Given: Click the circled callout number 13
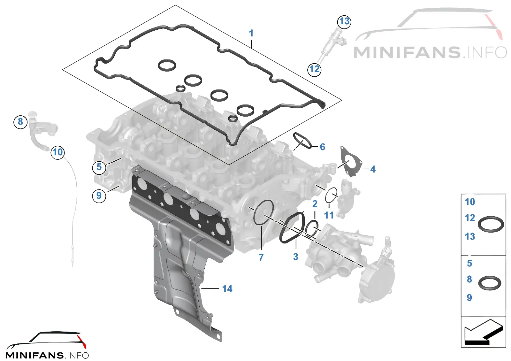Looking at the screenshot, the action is pyautogui.click(x=344, y=22).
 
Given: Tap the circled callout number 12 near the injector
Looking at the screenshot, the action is pyautogui.click(x=314, y=69).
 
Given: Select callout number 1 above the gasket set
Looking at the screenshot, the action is pyautogui.click(x=251, y=33).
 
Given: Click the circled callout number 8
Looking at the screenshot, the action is pyautogui.click(x=20, y=122).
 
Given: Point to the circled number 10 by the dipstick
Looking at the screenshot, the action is pyautogui.click(x=57, y=152).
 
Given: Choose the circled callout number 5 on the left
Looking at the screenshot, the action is pyautogui.click(x=99, y=167).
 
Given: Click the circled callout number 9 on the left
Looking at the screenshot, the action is pyautogui.click(x=99, y=196).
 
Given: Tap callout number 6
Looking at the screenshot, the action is pyautogui.click(x=322, y=147).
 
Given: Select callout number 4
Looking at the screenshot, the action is pyautogui.click(x=373, y=169).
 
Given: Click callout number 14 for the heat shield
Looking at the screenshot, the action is pyautogui.click(x=227, y=289).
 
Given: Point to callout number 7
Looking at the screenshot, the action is pyautogui.click(x=261, y=257).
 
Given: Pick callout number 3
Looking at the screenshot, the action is pyautogui.click(x=296, y=257).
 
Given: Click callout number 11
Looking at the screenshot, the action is pyautogui.click(x=329, y=215).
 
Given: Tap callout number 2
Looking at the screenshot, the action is pyautogui.click(x=315, y=204).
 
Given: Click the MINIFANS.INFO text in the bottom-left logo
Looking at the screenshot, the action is pyautogui.click(x=47, y=355).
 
